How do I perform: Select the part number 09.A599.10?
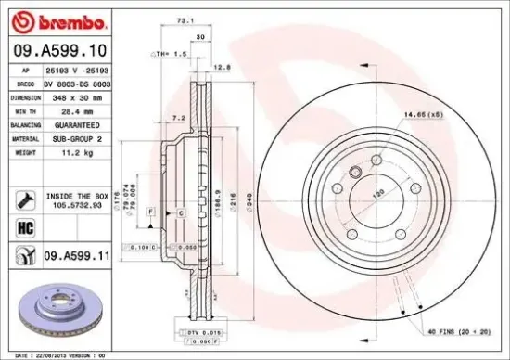point(58,50)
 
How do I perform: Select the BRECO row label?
point(26,84)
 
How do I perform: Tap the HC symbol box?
point(25,226)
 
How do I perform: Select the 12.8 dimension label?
point(222,66)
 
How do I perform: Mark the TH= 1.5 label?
point(173,55)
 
